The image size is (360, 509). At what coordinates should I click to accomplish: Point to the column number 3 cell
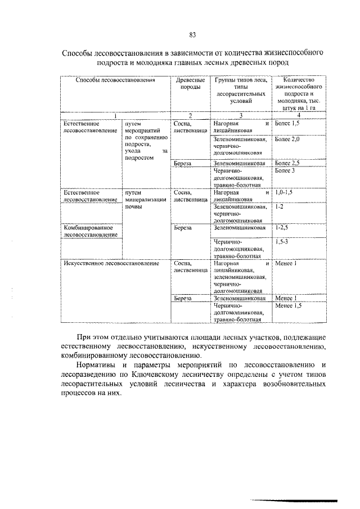(x=240, y=116)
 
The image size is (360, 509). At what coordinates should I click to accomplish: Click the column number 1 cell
(x=115, y=116)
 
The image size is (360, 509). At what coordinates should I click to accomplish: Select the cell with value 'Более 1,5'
(x=288, y=123)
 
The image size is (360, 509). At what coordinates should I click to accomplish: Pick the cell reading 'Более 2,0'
(x=288, y=138)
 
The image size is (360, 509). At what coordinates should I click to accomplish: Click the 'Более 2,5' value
(x=288, y=163)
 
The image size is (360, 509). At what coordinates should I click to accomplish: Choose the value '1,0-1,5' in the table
(x=284, y=192)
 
